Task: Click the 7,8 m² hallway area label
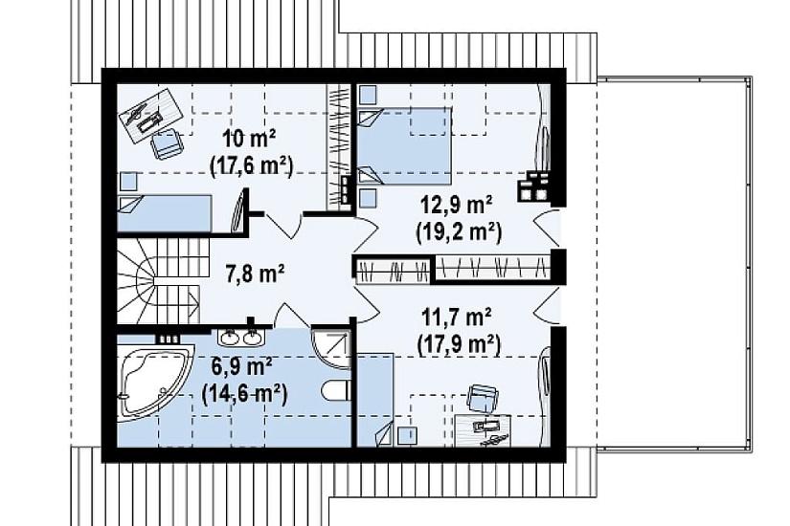click(x=254, y=274)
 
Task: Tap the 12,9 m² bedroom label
click(x=457, y=206)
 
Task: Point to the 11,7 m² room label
click(x=456, y=318)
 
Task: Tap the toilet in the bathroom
click(x=335, y=390)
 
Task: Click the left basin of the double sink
click(x=231, y=338)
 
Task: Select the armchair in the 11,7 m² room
click(x=483, y=398)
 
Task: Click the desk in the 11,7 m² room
click(x=484, y=430)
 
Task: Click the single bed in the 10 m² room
click(x=165, y=213)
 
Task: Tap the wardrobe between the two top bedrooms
click(x=338, y=146)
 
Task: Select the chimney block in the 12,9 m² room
click(x=534, y=186)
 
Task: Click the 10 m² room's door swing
click(x=283, y=225)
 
